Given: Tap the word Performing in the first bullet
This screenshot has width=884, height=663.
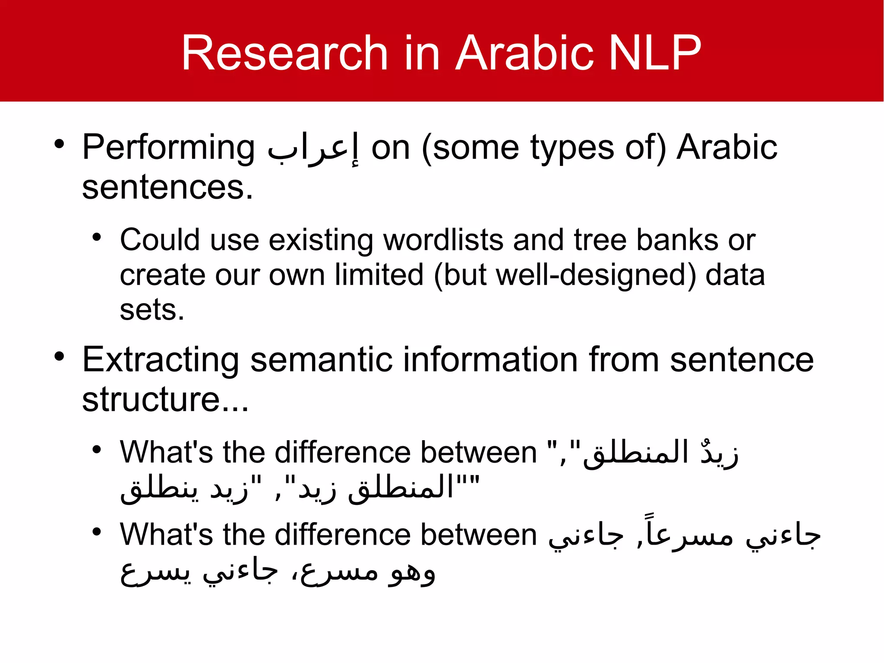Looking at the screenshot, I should coord(168,148).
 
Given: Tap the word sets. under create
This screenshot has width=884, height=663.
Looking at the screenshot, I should coord(152,310).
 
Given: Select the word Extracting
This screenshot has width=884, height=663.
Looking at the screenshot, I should coord(161,360).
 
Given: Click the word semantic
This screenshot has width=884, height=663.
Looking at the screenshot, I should coord(321,360).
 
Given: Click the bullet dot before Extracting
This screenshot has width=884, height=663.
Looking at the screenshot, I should coord(59,356).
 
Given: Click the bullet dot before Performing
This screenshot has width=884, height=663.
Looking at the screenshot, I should coord(59,144).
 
